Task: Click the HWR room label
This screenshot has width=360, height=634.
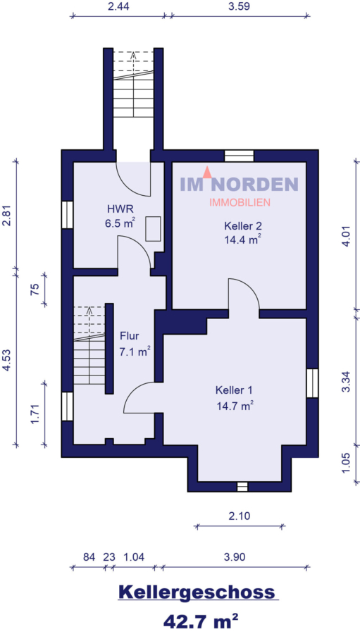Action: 116,209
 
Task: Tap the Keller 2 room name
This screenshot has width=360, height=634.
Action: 243,226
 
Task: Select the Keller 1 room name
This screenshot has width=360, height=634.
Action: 234,390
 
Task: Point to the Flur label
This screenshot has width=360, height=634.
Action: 129,336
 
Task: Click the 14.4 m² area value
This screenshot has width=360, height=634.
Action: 243,240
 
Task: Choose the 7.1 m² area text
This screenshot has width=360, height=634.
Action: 134,351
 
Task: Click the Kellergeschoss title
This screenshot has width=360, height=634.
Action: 197,592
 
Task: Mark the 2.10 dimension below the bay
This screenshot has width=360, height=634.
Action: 240,516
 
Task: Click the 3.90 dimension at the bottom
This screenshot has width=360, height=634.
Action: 234,557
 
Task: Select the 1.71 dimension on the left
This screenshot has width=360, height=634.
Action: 35,413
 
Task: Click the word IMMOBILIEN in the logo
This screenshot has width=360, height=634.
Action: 240,202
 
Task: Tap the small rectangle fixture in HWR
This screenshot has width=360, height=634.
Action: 153,229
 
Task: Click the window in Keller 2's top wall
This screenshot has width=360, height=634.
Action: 239,156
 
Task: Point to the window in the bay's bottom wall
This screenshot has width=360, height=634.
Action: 242,485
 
